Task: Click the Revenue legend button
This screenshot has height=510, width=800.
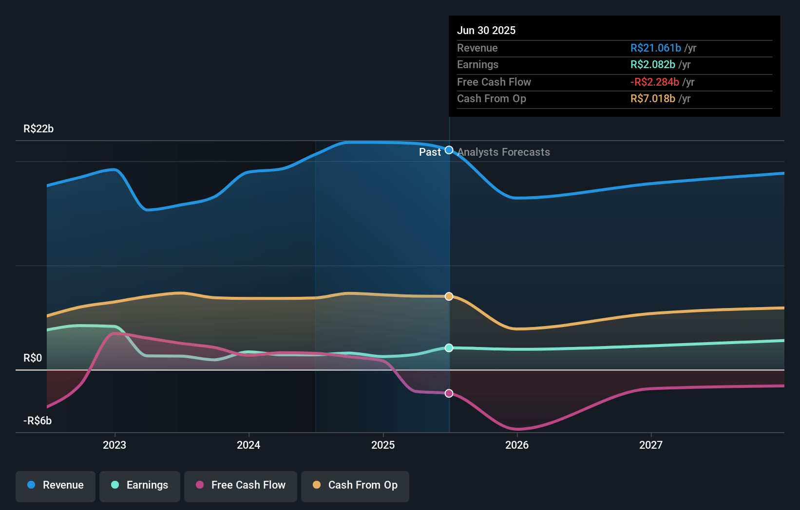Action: click(x=56, y=485)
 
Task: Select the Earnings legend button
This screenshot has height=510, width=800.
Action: click(x=140, y=485)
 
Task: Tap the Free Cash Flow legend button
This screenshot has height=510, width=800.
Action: click(x=241, y=485)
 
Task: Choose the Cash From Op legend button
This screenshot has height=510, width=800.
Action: click(x=355, y=485)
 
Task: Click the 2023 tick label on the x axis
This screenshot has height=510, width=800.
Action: click(x=114, y=445)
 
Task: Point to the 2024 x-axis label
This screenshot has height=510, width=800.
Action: click(x=248, y=445)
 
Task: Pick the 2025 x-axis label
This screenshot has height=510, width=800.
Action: click(x=383, y=445)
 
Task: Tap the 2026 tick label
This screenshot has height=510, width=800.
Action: click(x=517, y=445)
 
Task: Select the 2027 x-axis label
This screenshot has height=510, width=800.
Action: click(x=651, y=445)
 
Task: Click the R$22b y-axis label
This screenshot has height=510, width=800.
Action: click(x=38, y=129)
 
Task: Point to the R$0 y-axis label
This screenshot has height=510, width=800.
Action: click(x=33, y=358)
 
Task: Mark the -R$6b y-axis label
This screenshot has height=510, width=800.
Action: click(x=38, y=421)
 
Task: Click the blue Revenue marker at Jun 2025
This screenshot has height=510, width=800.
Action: click(x=449, y=150)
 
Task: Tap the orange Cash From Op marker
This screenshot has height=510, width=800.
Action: click(x=449, y=296)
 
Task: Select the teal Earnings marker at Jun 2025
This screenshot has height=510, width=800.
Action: click(x=449, y=348)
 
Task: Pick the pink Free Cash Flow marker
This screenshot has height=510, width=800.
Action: click(x=449, y=393)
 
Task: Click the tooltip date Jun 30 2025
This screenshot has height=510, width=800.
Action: click(x=486, y=30)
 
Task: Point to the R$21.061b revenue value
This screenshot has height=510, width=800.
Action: click(x=655, y=48)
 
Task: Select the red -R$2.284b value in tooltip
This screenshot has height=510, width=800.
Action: click(x=654, y=82)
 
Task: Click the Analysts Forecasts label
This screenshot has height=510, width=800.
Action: click(x=503, y=152)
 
